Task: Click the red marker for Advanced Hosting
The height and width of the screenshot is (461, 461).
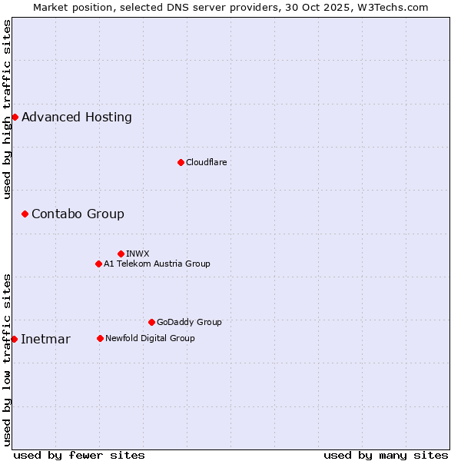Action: pyautogui.click(x=15, y=117)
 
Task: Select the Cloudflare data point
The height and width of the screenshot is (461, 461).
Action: pyautogui.click(x=181, y=162)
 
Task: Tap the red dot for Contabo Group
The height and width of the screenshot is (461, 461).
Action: pyautogui.click(x=25, y=214)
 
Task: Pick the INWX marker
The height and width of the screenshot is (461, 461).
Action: pyautogui.click(x=121, y=254)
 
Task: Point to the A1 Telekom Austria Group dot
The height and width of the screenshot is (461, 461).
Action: pyautogui.click(x=98, y=264)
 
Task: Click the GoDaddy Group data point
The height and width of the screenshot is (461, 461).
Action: pyautogui.click(x=151, y=322)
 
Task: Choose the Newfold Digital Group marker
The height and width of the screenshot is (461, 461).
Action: pyautogui.click(x=100, y=338)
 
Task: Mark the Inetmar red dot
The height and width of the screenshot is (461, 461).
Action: pyautogui.click(x=14, y=339)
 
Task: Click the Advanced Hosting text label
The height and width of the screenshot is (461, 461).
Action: pyautogui.click(x=77, y=118)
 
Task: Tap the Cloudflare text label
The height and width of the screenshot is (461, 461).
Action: pyautogui.click(x=207, y=162)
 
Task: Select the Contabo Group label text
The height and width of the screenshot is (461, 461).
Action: pyautogui.click(x=78, y=214)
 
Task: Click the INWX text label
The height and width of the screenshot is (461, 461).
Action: pyautogui.click(x=138, y=254)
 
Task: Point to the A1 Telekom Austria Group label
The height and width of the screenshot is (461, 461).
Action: pyautogui.click(x=157, y=264)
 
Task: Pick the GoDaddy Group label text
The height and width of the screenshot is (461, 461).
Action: pyautogui.click(x=189, y=322)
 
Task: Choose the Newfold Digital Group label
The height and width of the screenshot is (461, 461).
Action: pyautogui.click(x=150, y=338)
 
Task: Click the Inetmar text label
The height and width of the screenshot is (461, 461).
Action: pyautogui.click(x=45, y=340)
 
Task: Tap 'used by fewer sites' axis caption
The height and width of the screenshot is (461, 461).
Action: pyautogui.click(x=79, y=455)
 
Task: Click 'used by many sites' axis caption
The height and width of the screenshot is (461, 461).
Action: pyautogui.click(x=386, y=455)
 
